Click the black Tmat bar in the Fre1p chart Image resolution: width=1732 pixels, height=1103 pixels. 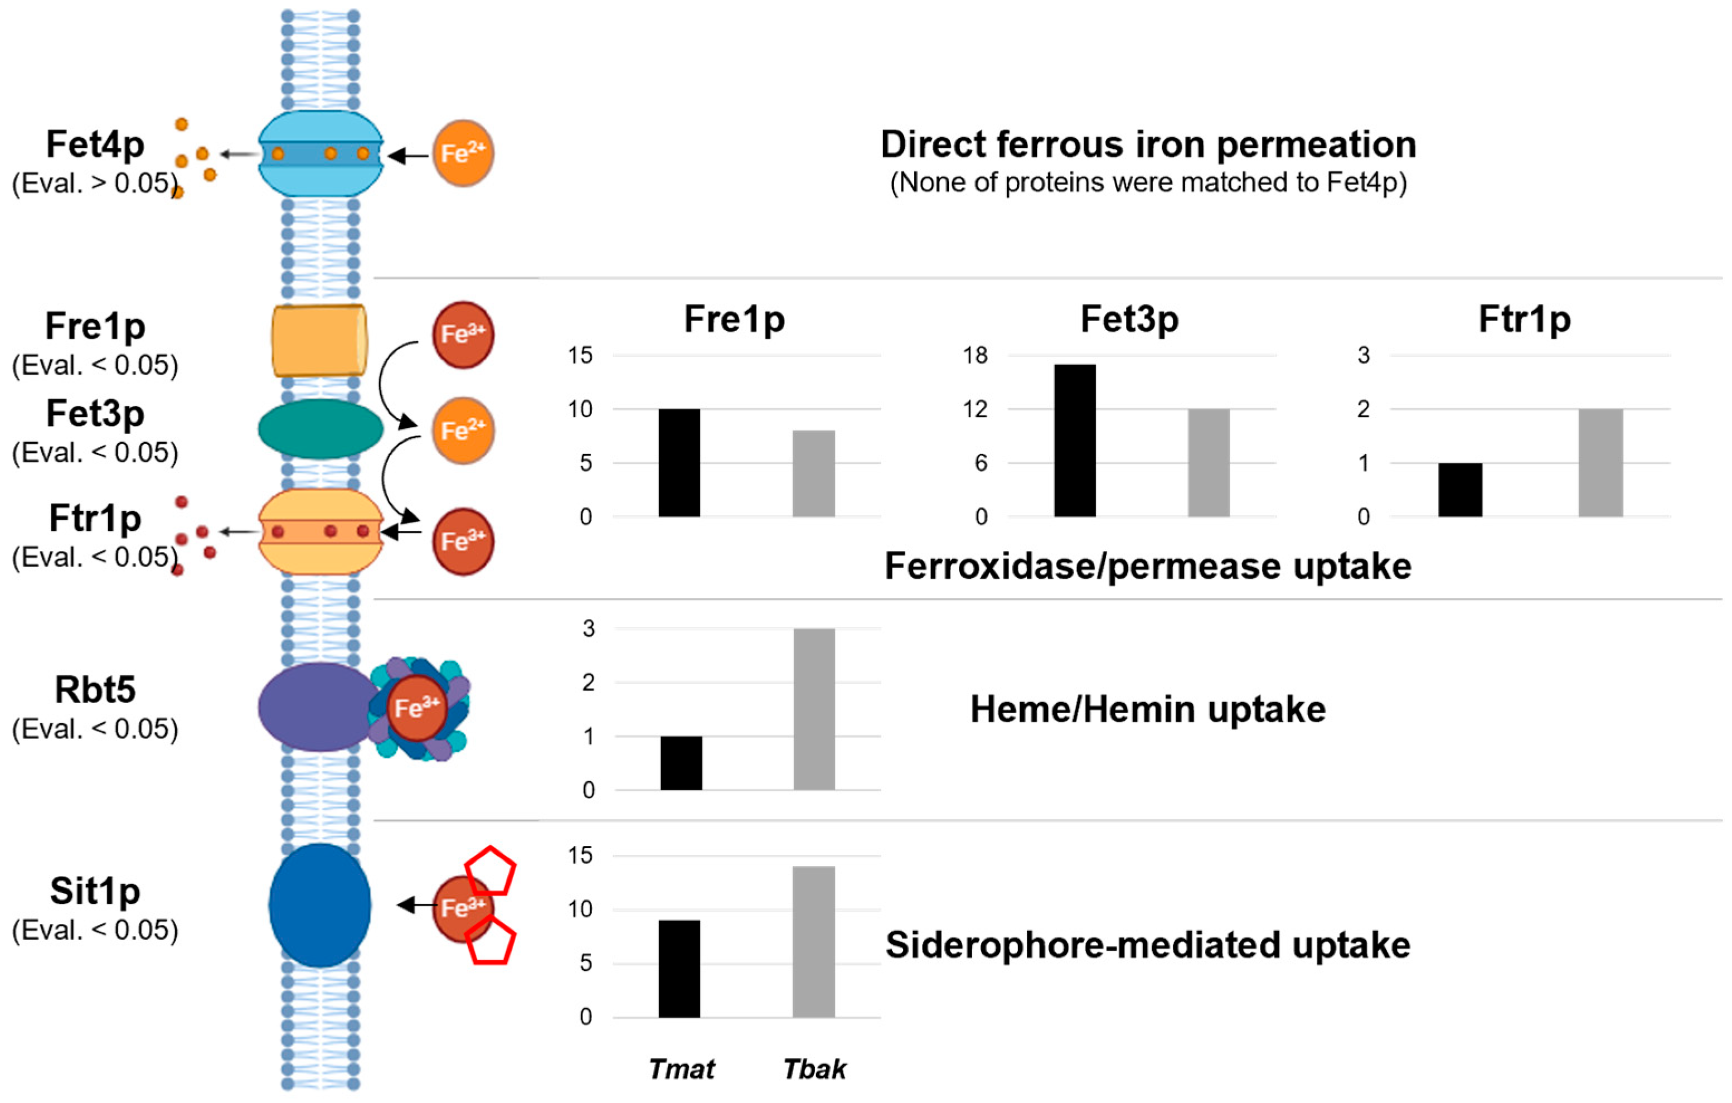tap(679, 463)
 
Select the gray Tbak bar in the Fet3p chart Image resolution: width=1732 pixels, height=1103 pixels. tap(1209, 463)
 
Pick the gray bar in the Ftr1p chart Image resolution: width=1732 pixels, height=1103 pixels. tap(1600, 463)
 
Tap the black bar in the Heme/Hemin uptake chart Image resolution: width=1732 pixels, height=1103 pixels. tap(681, 763)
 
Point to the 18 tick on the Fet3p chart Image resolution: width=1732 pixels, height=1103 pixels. tap(976, 355)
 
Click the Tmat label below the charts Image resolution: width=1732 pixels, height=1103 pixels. tap(681, 1069)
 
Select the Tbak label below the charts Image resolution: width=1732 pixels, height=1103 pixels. tap(814, 1069)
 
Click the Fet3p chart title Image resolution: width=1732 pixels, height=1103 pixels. tap(1129, 319)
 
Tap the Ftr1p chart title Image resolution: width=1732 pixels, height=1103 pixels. tap(1524, 319)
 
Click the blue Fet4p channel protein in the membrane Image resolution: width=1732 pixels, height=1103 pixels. tap(320, 154)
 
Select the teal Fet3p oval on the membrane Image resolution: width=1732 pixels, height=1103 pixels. tap(320, 429)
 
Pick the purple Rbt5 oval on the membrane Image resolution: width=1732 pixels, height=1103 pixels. tap(317, 707)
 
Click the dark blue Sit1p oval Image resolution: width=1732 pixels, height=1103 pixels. tap(320, 905)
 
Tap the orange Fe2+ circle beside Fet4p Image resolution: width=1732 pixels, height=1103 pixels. tap(463, 153)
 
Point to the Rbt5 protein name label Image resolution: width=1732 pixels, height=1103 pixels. tap(95, 689)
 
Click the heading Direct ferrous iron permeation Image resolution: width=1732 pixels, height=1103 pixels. tap(1148, 144)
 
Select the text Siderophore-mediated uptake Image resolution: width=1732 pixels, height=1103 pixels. tap(1147, 945)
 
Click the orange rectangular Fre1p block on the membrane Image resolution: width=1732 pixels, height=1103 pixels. tap(319, 340)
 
